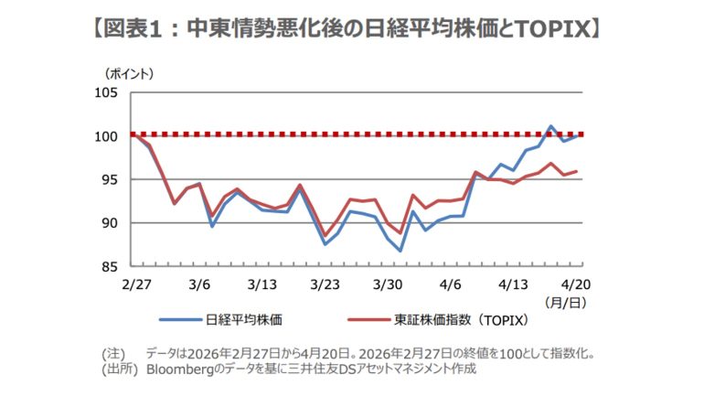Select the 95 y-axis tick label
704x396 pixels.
tap(110, 179)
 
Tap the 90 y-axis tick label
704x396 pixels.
tap(110, 222)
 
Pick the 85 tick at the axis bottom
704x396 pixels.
tap(110, 266)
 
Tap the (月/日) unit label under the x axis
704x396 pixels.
tap(564, 301)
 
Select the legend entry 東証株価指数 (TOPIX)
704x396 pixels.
tap(462, 320)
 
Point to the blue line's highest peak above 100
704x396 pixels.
tap(551, 126)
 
